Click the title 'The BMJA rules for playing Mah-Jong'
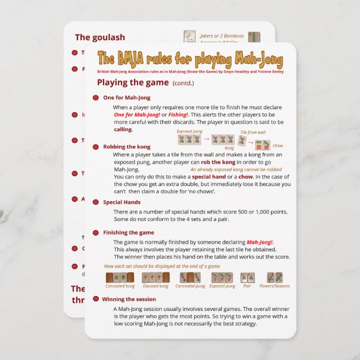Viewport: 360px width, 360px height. coord(190,59)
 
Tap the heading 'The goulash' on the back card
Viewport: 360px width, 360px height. coord(100,37)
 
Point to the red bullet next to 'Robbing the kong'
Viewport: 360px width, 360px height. coord(96,147)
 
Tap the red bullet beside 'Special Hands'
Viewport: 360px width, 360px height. coord(96,202)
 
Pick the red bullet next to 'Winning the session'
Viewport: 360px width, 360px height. coord(96,299)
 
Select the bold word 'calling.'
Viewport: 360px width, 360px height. coord(123,129)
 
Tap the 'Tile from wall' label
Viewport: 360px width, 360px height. coord(253,132)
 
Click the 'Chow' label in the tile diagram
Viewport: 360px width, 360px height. coord(278,146)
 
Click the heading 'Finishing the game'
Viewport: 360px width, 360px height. coord(129,233)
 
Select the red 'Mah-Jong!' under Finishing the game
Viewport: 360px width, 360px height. coord(260,241)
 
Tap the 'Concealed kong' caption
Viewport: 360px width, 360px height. coord(120,286)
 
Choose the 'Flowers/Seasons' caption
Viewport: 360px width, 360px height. coord(274,286)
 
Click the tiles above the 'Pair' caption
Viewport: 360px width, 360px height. coord(247,277)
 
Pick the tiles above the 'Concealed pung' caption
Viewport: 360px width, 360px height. coord(190,277)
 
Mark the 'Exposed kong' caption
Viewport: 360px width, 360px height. coord(155,286)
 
